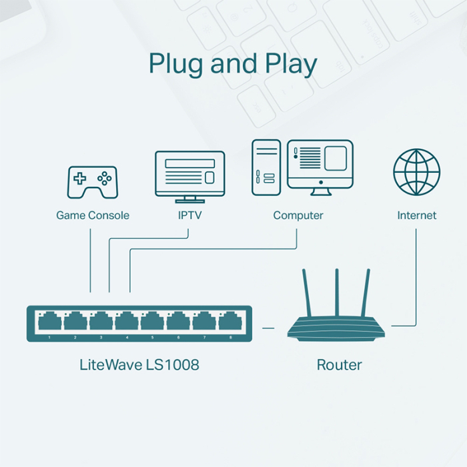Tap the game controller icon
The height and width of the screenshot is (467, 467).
tap(92, 182)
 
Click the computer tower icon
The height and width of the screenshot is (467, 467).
tap(266, 167)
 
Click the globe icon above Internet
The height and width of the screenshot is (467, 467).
tap(416, 171)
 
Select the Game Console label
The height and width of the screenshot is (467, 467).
tap(92, 215)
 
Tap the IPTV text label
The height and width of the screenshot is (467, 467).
tap(189, 215)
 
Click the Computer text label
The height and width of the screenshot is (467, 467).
tap(298, 215)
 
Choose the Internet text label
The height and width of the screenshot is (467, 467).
tap(416, 215)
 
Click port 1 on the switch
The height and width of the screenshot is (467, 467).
tap(50, 322)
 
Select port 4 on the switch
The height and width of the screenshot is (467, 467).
tap(126, 322)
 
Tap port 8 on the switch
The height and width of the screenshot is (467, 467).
tap(229, 322)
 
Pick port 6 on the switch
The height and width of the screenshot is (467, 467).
tap(178, 322)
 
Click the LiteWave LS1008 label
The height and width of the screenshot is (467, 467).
tap(139, 365)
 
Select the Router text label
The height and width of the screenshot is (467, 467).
tap(339, 365)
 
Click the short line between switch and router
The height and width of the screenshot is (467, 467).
tap(268, 328)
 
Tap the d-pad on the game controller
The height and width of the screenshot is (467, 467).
tap(79, 178)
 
